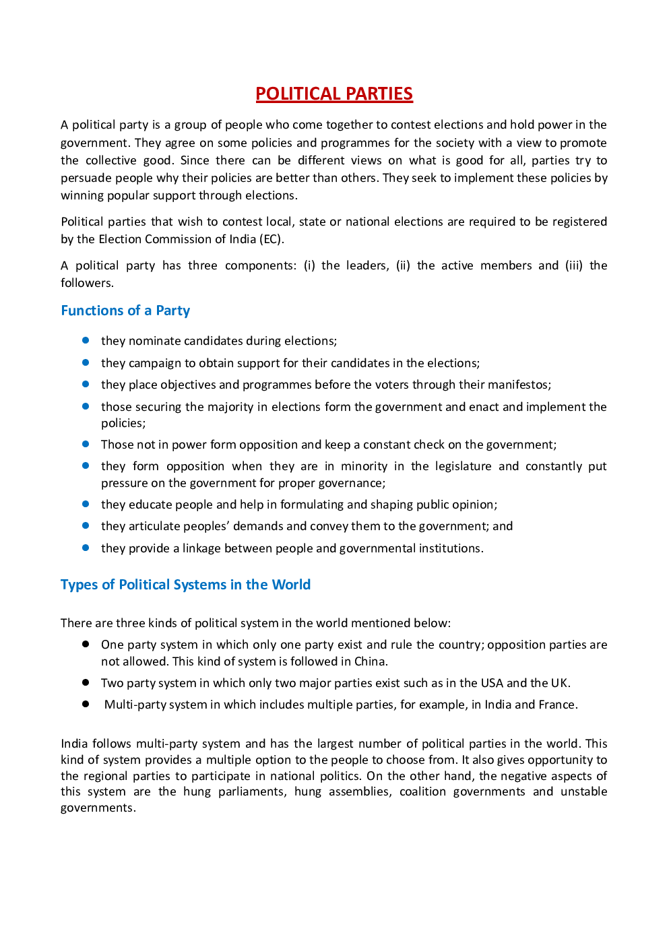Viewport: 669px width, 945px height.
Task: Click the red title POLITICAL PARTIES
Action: tap(334, 94)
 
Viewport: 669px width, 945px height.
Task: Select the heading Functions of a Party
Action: tap(125, 311)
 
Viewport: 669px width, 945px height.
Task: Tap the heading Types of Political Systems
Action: tap(185, 585)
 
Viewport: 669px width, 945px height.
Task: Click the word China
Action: tap(371, 661)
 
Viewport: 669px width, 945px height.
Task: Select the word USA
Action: tap(492, 683)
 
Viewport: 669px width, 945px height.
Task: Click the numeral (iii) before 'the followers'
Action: tap(574, 265)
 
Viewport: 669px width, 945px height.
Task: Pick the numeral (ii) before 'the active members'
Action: tap(403, 265)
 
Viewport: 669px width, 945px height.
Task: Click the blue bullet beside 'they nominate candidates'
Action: tap(86, 340)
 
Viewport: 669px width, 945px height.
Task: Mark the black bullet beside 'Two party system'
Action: tap(86, 682)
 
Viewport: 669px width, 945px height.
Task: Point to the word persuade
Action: tap(84, 178)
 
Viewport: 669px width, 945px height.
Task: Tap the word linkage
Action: tap(201, 548)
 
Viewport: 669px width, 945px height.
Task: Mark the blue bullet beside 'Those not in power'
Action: tap(86, 444)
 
